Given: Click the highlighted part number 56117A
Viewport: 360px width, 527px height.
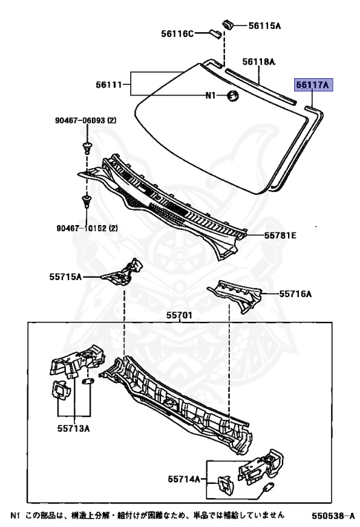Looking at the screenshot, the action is click(x=313, y=85).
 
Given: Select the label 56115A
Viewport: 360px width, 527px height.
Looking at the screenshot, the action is click(x=265, y=25).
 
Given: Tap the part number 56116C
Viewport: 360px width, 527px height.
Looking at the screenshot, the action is click(x=178, y=34).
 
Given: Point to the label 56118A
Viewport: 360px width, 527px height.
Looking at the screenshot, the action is click(x=259, y=62).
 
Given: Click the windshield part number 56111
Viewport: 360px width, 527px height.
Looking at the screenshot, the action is click(x=109, y=84).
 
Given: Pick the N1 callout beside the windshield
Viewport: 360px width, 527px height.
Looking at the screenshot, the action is click(x=211, y=95).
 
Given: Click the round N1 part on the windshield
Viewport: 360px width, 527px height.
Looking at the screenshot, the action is click(x=232, y=95).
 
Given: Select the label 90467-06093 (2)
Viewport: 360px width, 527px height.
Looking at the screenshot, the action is click(x=86, y=120).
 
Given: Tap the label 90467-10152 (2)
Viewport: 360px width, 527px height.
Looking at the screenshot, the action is click(x=87, y=229).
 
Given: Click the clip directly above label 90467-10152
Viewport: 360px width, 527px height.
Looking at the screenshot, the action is click(x=86, y=200).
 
